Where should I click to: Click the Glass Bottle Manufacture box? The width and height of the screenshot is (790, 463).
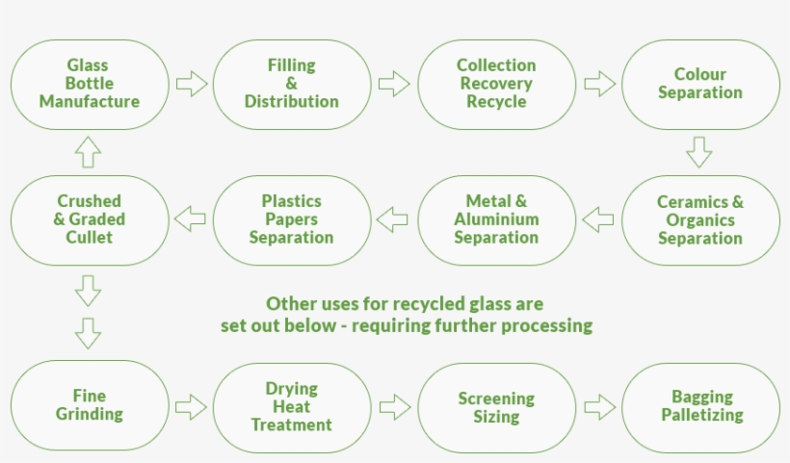click(x=90, y=84)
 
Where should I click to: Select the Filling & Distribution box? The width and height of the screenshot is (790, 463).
click(x=291, y=84)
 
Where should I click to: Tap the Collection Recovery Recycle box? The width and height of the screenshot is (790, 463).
click(x=496, y=84)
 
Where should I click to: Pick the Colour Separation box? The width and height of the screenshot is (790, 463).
click(x=700, y=84)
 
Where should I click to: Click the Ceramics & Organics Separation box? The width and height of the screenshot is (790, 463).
click(x=700, y=219)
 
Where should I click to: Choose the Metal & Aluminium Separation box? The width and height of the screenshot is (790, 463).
click(x=496, y=219)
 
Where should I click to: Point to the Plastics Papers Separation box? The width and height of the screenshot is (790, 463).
click(x=291, y=219)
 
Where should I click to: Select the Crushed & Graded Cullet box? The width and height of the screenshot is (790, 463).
click(x=90, y=219)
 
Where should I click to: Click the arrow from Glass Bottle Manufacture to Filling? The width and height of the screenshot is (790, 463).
click(x=192, y=84)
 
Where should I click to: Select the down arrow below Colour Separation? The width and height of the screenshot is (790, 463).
click(x=699, y=152)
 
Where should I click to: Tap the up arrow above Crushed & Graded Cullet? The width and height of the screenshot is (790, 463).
click(x=88, y=151)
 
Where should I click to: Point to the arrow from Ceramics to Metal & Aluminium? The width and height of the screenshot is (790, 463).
click(x=598, y=219)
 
